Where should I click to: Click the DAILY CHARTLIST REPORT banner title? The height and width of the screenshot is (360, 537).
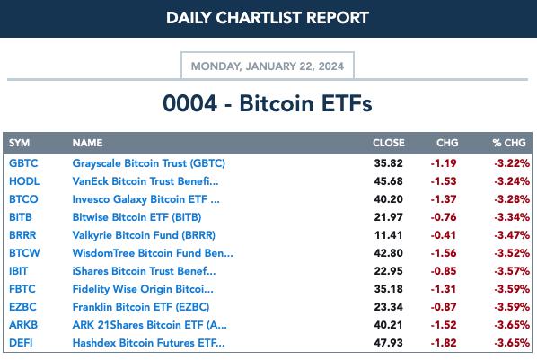(268, 18)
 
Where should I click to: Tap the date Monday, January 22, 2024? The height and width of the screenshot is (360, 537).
(267, 66)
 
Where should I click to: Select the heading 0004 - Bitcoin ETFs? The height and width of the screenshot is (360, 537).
(268, 103)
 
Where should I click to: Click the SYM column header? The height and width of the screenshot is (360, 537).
(19, 143)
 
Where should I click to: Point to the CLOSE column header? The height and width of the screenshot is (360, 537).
(389, 143)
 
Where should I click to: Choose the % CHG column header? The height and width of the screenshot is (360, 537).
(509, 143)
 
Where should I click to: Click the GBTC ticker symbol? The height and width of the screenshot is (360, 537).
(23, 163)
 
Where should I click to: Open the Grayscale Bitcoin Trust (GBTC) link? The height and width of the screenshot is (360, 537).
(149, 163)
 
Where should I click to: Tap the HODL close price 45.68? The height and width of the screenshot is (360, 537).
(388, 181)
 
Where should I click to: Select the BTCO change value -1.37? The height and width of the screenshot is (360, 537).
(444, 199)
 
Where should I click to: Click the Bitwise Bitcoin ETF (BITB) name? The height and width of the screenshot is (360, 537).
(136, 217)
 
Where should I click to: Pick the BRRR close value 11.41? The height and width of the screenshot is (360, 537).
(388, 235)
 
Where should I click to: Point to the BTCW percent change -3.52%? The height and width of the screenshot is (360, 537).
(512, 253)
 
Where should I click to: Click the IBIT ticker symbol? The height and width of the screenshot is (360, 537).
(18, 271)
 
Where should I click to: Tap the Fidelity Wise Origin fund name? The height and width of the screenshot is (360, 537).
(143, 289)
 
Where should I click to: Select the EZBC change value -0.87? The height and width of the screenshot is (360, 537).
(444, 307)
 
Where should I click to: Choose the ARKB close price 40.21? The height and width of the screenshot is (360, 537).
(388, 325)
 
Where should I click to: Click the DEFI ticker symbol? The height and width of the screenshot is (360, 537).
(21, 343)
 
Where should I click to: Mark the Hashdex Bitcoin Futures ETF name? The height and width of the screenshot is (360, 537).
(149, 343)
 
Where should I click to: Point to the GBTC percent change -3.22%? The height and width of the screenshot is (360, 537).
(512, 163)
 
